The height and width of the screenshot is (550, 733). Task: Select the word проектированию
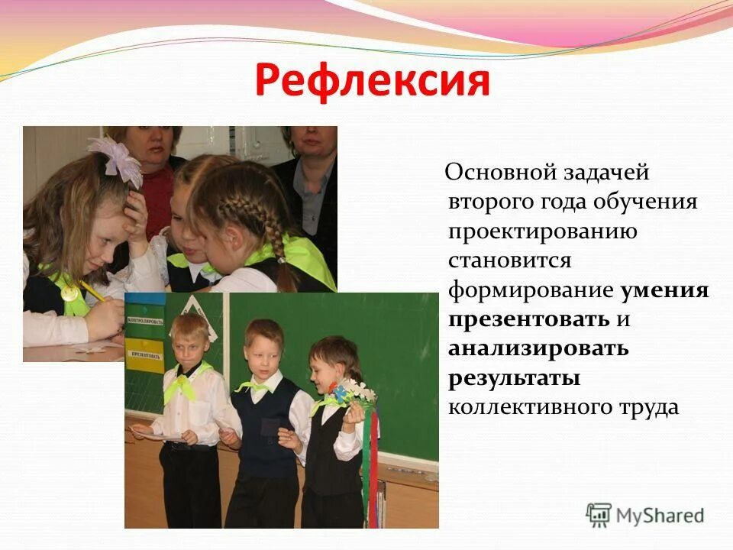pyautogui.click(x=543, y=231)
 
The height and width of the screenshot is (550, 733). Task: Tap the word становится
pyautogui.click(x=509, y=260)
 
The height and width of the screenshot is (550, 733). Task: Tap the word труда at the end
pyautogui.click(x=647, y=406)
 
